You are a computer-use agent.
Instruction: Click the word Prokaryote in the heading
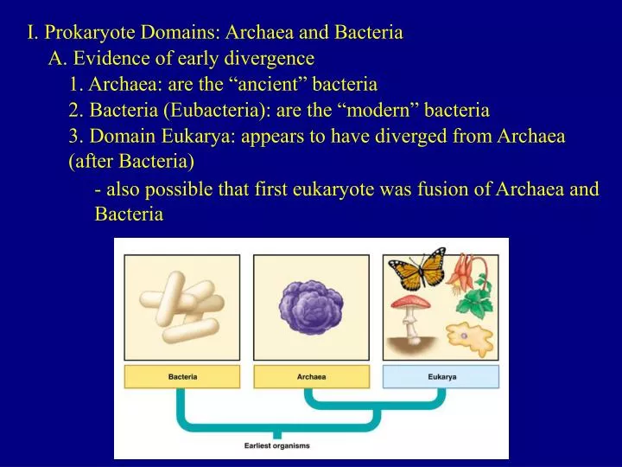point(87,34)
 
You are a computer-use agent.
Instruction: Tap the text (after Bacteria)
point(131,162)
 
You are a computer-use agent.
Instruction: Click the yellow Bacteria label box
point(182,377)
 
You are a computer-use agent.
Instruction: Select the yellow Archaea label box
point(311,377)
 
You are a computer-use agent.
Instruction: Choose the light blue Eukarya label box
point(441,377)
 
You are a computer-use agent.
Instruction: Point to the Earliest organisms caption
point(276,446)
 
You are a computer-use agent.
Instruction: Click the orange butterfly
point(417,270)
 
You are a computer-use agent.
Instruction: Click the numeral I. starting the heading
point(32,34)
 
